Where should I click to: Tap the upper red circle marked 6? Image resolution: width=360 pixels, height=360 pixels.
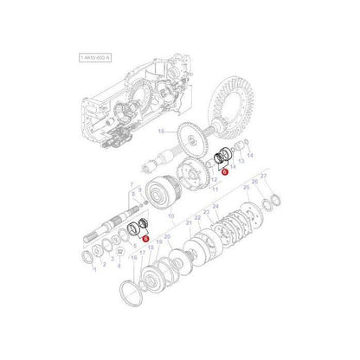pos(223,172)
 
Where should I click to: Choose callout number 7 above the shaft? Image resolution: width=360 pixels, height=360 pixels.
pos(131,184)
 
